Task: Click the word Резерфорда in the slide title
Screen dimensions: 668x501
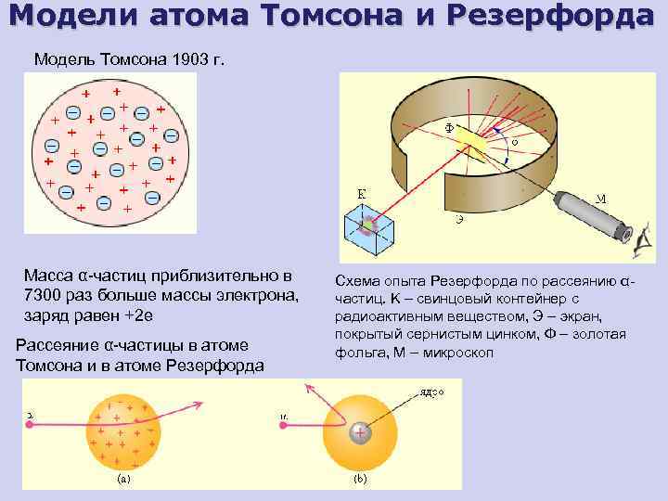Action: (560, 18)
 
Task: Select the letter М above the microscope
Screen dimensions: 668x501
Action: (601, 198)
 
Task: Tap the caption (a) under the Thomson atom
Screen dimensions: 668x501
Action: (122, 481)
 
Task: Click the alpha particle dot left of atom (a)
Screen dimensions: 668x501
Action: (31, 423)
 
